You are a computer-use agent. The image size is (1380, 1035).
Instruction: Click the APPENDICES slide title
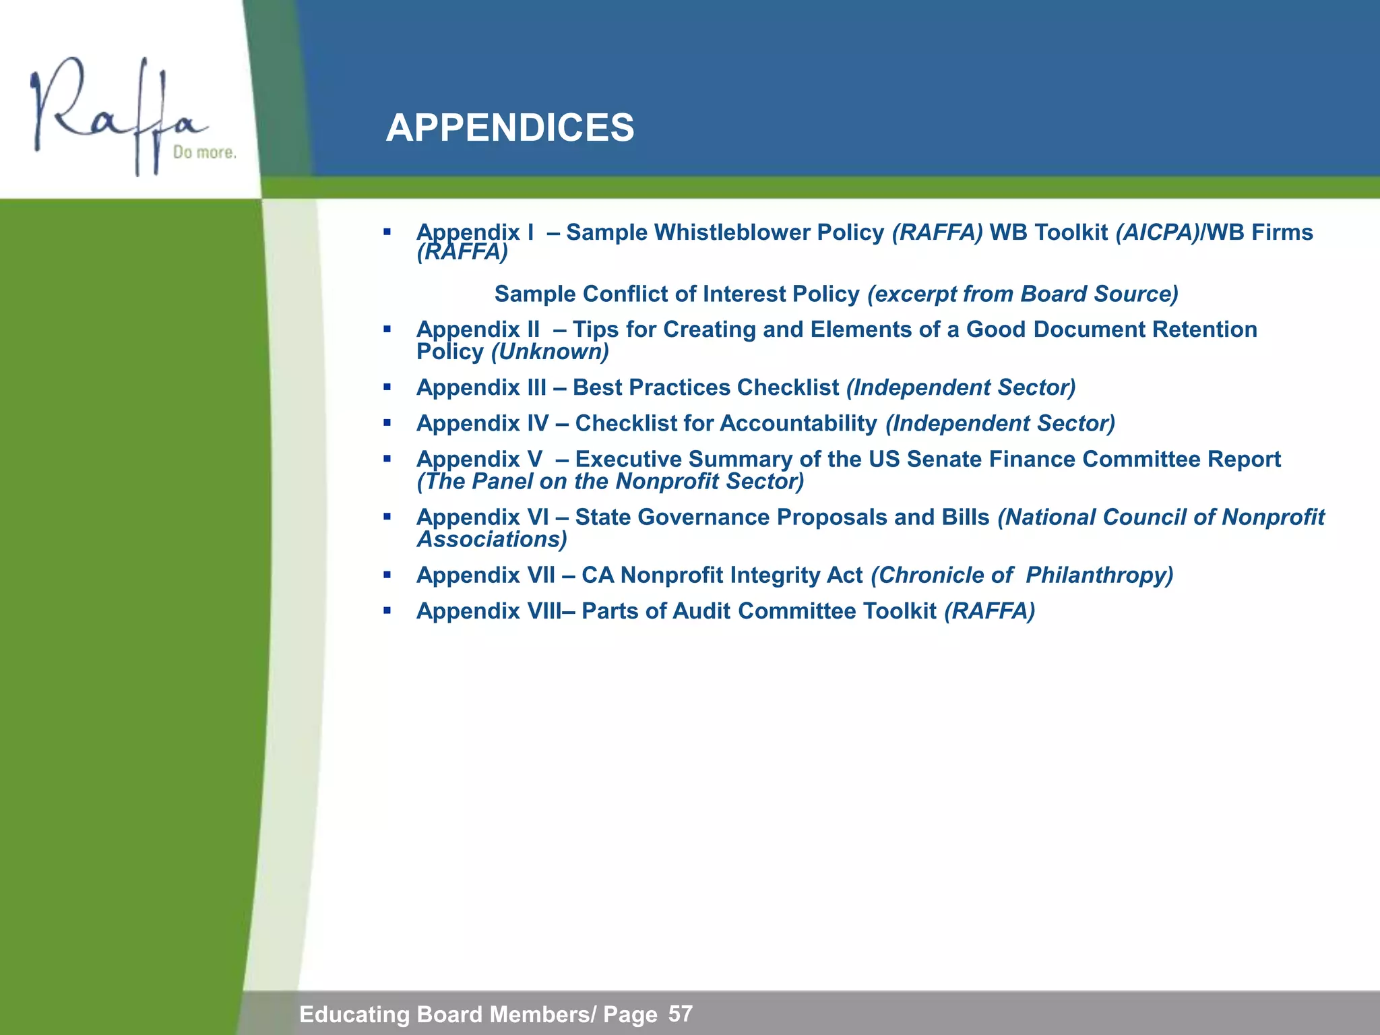pos(509,128)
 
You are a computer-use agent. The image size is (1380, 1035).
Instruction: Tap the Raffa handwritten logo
pos(115,115)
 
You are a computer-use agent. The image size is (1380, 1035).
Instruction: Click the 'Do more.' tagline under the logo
pos(204,153)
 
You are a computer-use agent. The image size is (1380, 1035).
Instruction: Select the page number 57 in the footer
pos(681,1013)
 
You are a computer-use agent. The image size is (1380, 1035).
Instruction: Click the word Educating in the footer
pos(354,1014)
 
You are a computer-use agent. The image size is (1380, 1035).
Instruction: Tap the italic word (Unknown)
pos(550,352)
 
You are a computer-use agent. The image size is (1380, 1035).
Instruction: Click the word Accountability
pos(798,423)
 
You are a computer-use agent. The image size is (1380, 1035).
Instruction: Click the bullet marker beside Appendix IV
pos(387,423)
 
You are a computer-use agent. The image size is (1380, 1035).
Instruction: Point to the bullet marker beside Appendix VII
pos(387,575)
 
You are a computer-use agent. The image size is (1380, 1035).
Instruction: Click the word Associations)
pos(492,539)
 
